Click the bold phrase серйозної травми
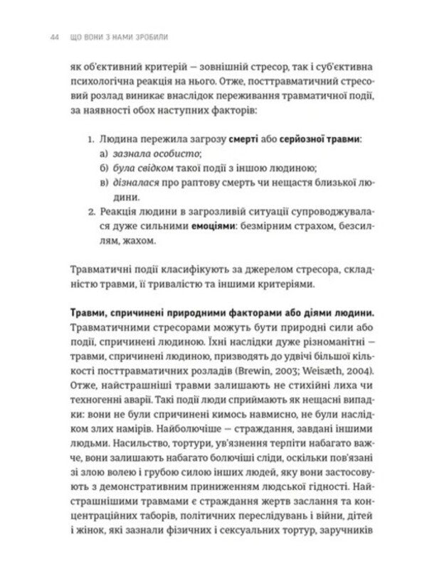coord(316,139)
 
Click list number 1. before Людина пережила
coord(91,139)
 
